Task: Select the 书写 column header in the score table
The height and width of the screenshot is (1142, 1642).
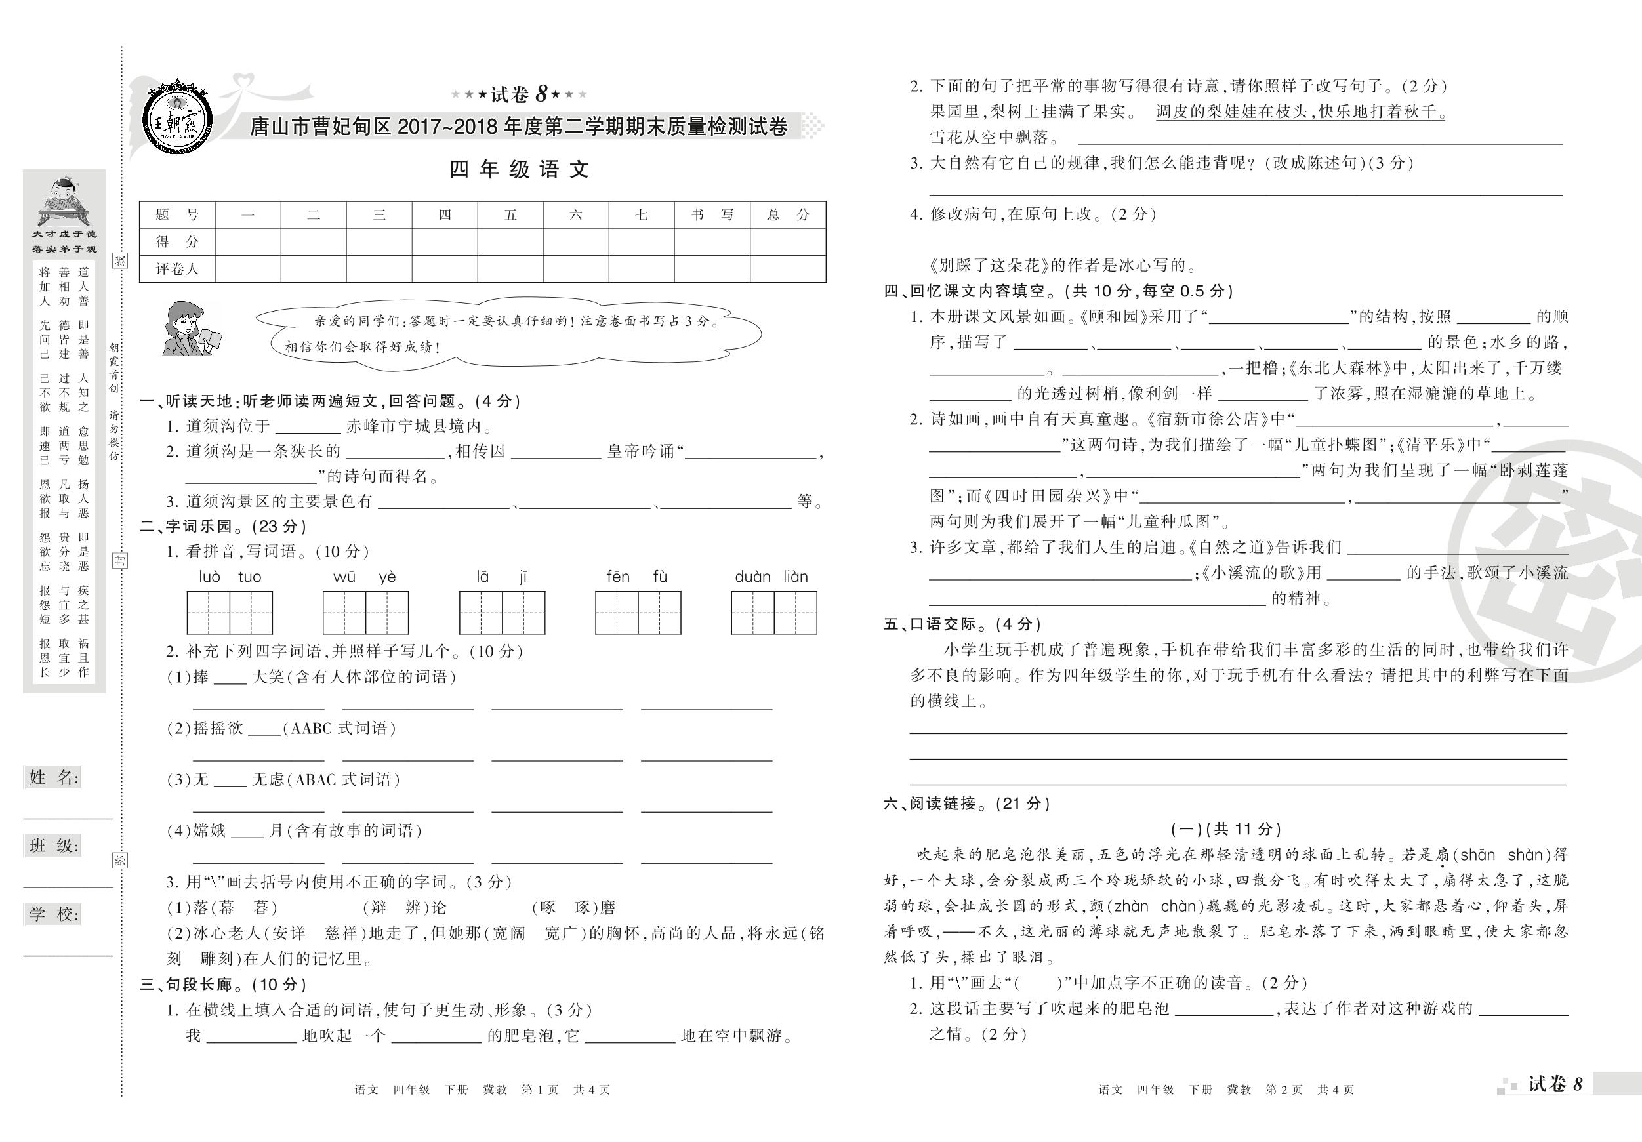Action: [x=712, y=214]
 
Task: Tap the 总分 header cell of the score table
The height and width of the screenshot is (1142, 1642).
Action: [x=788, y=214]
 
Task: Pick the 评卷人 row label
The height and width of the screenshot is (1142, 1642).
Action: [x=176, y=269]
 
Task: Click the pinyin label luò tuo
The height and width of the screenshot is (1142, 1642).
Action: [x=230, y=577]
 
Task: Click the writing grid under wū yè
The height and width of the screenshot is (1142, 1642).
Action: [x=365, y=613]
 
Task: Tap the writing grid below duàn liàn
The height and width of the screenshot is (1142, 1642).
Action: [x=774, y=613]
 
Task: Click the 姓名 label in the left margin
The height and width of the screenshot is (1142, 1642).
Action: [x=54, y=777]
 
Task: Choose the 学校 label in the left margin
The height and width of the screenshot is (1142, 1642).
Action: [x=54, y=914]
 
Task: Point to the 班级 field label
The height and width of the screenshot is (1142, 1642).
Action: [x=54, y=846]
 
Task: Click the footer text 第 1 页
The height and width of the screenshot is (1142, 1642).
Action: [x=540, y=1090]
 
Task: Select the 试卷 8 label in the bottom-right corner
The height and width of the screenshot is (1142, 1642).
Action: [x=1555, y=1084]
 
